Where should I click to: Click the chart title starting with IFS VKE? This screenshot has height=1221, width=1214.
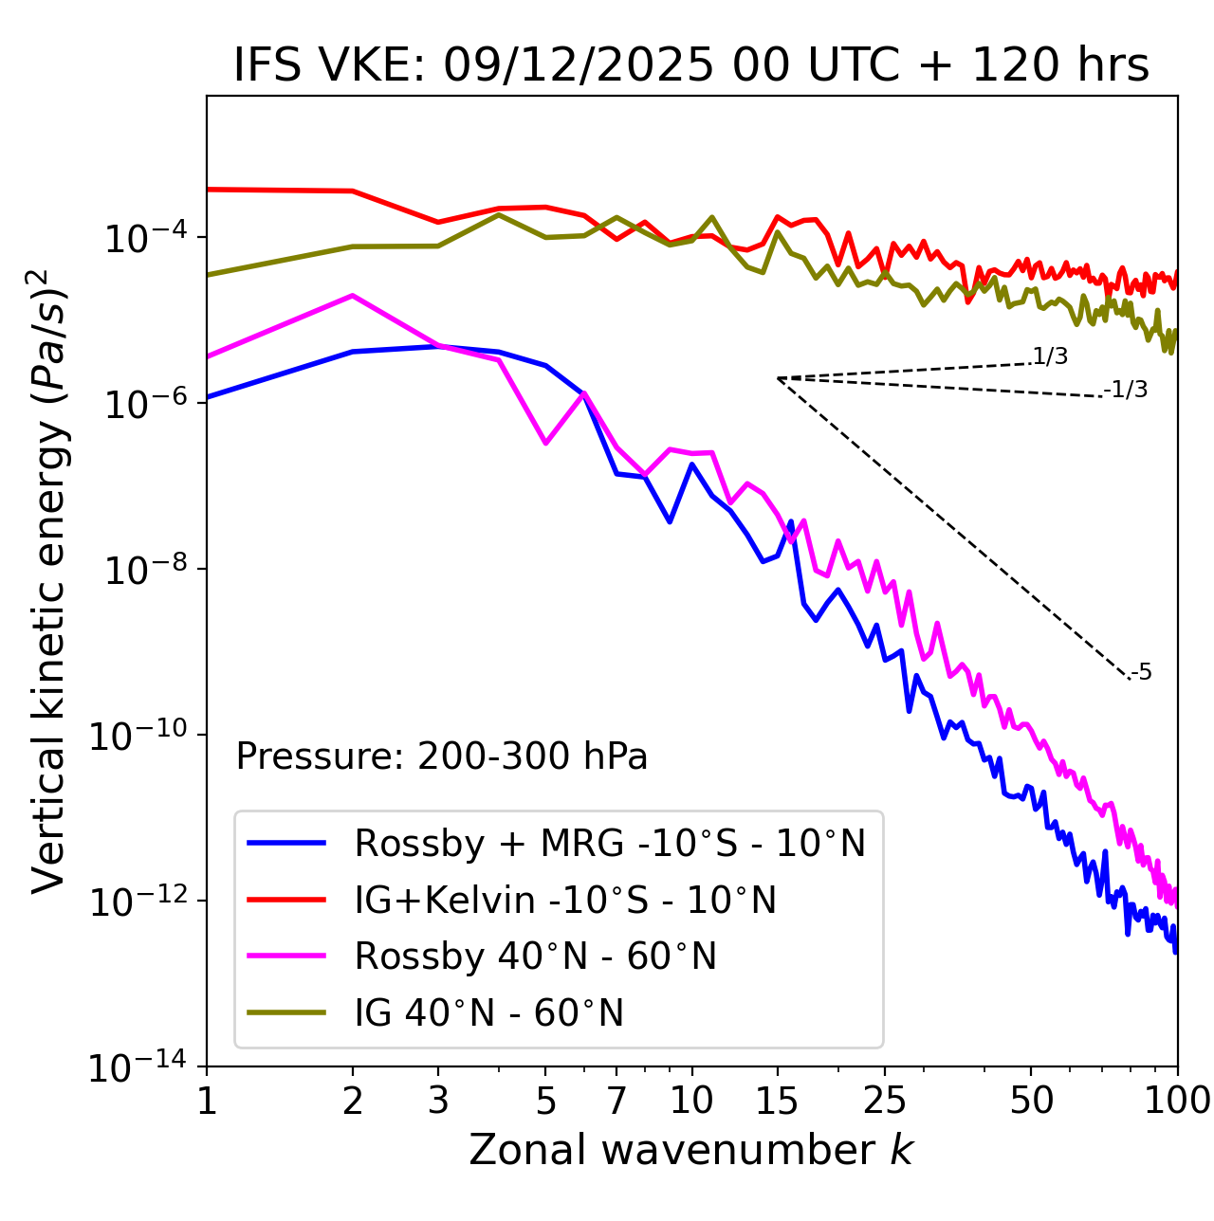tap(691, 65)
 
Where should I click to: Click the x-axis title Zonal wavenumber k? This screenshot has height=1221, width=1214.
tap(691, 1150)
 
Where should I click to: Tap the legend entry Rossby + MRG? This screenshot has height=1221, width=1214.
tap(609, 843)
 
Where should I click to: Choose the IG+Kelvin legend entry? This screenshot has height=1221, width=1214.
tap(565, 900)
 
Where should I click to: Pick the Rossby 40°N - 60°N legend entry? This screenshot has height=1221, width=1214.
tap(535, 957)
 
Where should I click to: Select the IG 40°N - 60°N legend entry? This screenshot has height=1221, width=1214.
tap(488, 1013)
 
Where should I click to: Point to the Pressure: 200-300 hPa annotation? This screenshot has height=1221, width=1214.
tap(441, 756)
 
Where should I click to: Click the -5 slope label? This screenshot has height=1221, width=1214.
tap(1141, 672)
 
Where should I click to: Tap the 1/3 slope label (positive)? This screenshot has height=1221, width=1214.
tap(1050, 356)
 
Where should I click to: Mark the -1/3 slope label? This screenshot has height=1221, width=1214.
tap(1127, 389)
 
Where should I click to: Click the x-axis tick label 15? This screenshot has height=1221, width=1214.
tap(778, 1101)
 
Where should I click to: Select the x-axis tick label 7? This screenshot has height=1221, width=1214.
tap(616, 1101)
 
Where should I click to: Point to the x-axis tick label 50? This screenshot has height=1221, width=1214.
tap(1032, 1101)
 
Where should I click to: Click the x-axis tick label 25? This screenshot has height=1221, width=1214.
tap(885, 1101)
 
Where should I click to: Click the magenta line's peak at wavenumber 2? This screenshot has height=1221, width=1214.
tap(353, 296)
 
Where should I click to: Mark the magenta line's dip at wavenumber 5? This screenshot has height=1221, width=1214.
tap(545, 443)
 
